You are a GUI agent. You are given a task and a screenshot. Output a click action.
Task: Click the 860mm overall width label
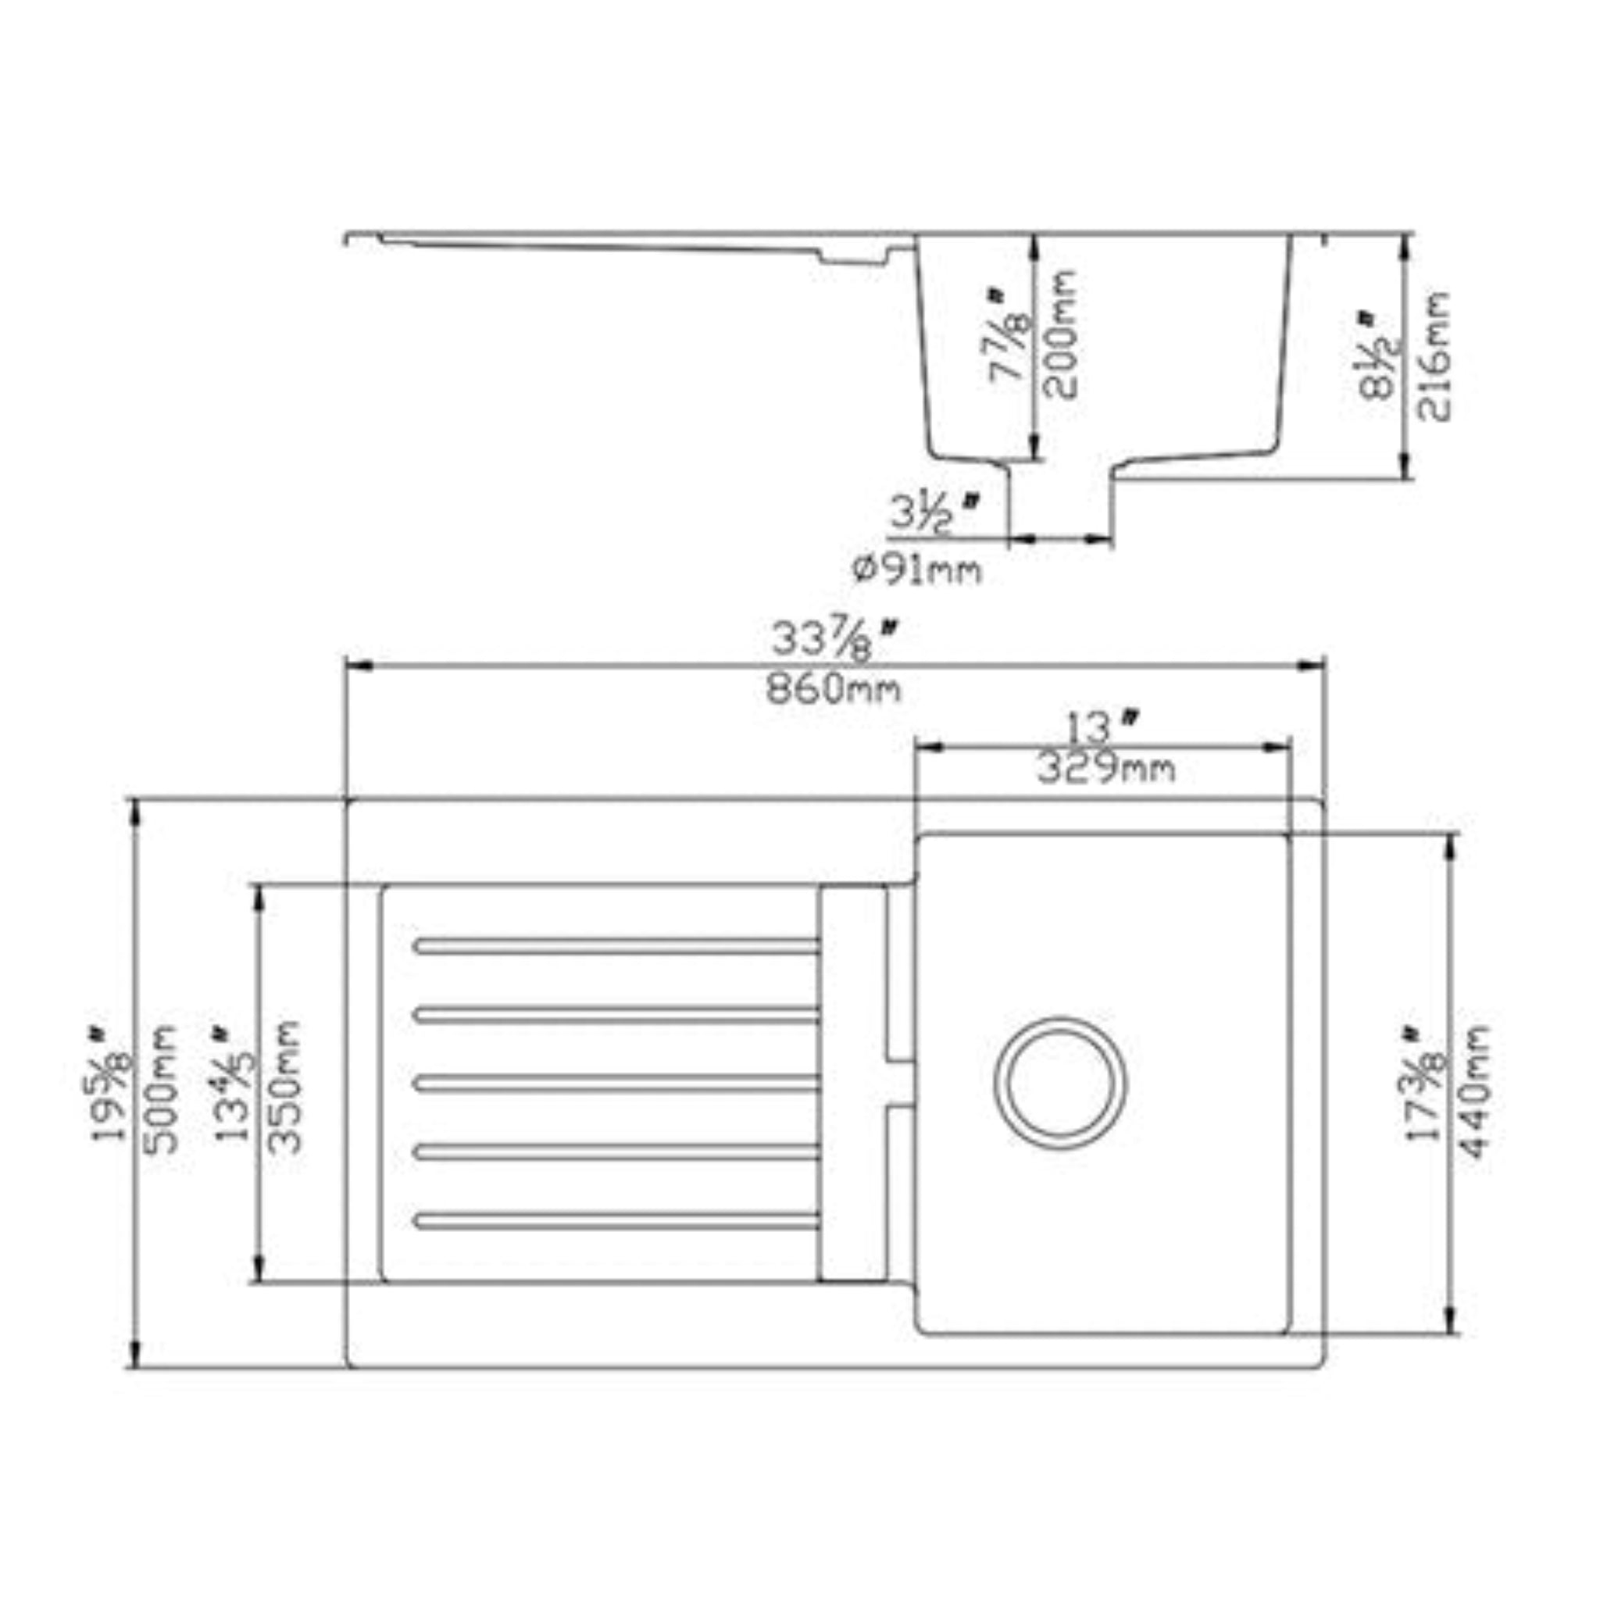tap(832, 688)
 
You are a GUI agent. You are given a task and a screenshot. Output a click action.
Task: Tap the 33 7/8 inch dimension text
tap(832, 640)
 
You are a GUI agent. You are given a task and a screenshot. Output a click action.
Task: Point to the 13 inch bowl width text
tap(1100, 728)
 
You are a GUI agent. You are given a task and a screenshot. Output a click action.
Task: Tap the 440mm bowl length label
tap(1473, 1091)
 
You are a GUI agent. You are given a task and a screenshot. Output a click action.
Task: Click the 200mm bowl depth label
tap(1059, 334)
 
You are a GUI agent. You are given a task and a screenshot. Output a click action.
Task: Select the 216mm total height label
tap(1434, 355)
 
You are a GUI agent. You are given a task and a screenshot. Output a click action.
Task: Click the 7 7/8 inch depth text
tap(1009, 335)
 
